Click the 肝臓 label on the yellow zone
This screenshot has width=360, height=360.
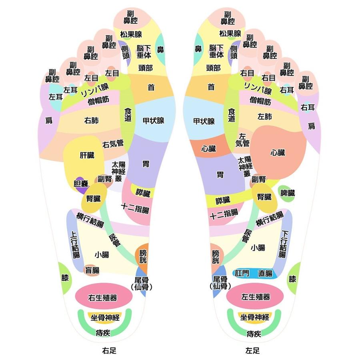[x=87, y=155]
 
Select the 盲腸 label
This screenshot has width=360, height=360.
[x=92, y=270]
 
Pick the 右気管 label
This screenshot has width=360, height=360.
[x=113, y=144]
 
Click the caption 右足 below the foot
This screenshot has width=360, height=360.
[x=109, y=351]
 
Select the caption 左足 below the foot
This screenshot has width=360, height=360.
[x=252, y=351]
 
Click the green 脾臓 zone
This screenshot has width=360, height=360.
[x=287, y=193]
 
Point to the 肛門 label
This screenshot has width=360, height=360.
[x=242, y=274]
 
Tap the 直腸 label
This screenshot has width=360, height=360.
[x=265, y=274]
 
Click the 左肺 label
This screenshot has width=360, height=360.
[x=265, y=116]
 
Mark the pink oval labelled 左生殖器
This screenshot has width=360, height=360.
[x=255, y=297]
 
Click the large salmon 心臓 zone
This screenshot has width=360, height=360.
[x=278, y=152]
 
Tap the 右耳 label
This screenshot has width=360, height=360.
[x=308, y=107]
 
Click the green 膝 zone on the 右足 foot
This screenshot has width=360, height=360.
[x=65, y=277]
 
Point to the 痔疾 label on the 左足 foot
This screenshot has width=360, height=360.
[x=254, y=334]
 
